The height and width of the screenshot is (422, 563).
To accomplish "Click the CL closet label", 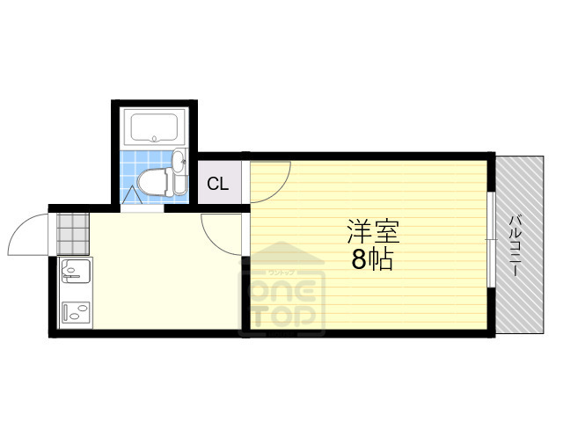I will pyautogui.click(x=218, y=185).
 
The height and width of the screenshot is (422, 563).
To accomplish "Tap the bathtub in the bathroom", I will pyautogui.click(x=155, y=128).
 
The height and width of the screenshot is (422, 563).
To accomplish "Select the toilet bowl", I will pyautogui.click(x=154, y=183).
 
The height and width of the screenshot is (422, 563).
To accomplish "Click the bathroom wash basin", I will pyautogui.click(x=179, y=162).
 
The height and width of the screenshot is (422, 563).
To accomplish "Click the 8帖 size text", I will pyautogui.click(x=373, y=260).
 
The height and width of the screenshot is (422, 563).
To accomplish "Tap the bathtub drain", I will pyautogui.click(x=155, y=137).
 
